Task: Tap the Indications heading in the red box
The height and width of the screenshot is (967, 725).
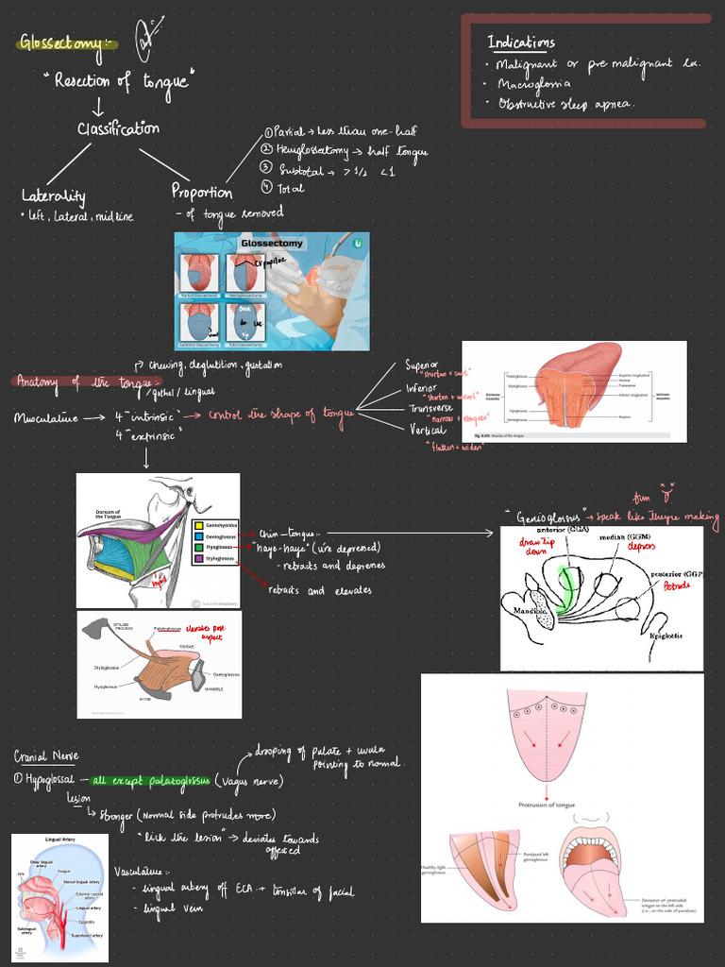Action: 520,42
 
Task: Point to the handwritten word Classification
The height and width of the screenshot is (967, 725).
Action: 118,128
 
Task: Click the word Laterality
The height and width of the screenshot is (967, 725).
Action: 53,196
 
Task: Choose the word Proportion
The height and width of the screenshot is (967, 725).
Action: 202,192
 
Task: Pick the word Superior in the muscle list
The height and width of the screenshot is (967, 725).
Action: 423,365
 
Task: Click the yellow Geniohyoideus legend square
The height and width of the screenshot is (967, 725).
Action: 198,524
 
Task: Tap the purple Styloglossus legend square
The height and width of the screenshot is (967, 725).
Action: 198,558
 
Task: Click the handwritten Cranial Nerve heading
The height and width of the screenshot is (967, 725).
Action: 46,756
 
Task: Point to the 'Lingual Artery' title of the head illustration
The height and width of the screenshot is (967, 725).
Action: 59,839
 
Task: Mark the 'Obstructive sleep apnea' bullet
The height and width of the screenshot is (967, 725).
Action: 565,104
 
